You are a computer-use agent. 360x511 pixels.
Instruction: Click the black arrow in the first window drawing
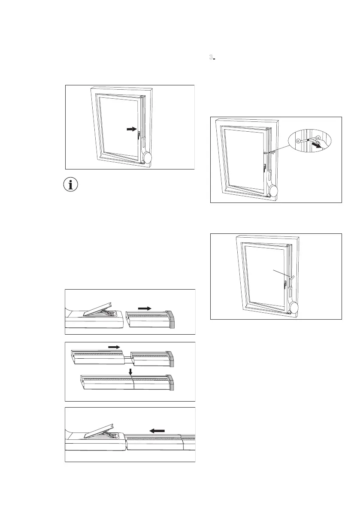(131, 128)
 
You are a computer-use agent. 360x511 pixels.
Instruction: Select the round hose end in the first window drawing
(147, 157)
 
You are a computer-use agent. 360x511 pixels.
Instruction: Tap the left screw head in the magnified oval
(298, 142)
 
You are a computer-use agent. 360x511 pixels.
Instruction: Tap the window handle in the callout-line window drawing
(285, 284)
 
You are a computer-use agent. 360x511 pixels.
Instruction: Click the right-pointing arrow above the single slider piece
(145, 308)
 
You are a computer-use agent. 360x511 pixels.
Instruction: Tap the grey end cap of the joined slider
(171, 383)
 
